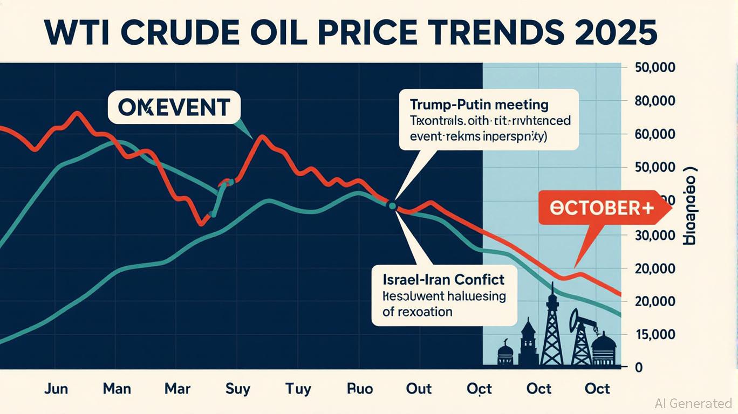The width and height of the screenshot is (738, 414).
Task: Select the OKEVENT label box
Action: [x=173, y=107]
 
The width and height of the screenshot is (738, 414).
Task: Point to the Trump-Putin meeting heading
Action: [x=479, y=103]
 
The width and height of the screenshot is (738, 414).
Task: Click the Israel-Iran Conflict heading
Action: [x=443, y=279]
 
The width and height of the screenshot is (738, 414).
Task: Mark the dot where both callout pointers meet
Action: [x=392, y=205]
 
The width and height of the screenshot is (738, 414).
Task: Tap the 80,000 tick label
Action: [x=652, y=101]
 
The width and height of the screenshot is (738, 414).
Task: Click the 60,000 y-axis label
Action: [x=652, y=135]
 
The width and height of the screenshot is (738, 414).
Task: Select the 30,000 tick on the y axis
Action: [x=652, y=235]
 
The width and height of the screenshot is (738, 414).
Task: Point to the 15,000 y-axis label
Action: [x=652, y=335]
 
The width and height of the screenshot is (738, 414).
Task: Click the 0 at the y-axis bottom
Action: [x=639, y=368]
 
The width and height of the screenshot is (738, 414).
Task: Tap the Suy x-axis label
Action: [x=238, y=388]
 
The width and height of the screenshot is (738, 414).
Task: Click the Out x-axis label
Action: [x=419, y=388]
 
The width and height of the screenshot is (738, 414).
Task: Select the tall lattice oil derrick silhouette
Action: [x=551, y=329]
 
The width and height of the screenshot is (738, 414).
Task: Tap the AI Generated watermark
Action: [x=693, y=403]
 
